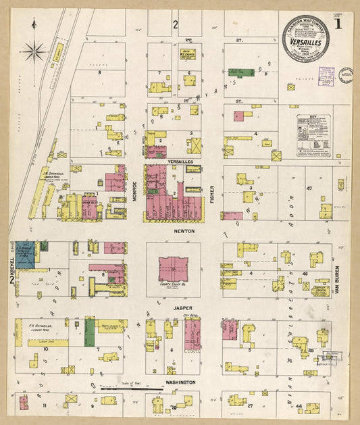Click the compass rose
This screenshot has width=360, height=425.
(34, 50)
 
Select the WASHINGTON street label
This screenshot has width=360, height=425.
(180, 382)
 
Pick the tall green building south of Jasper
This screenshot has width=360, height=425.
(89, 332)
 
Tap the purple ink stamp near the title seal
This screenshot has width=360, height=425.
(326, 77)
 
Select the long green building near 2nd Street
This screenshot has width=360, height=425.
(241, 72)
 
